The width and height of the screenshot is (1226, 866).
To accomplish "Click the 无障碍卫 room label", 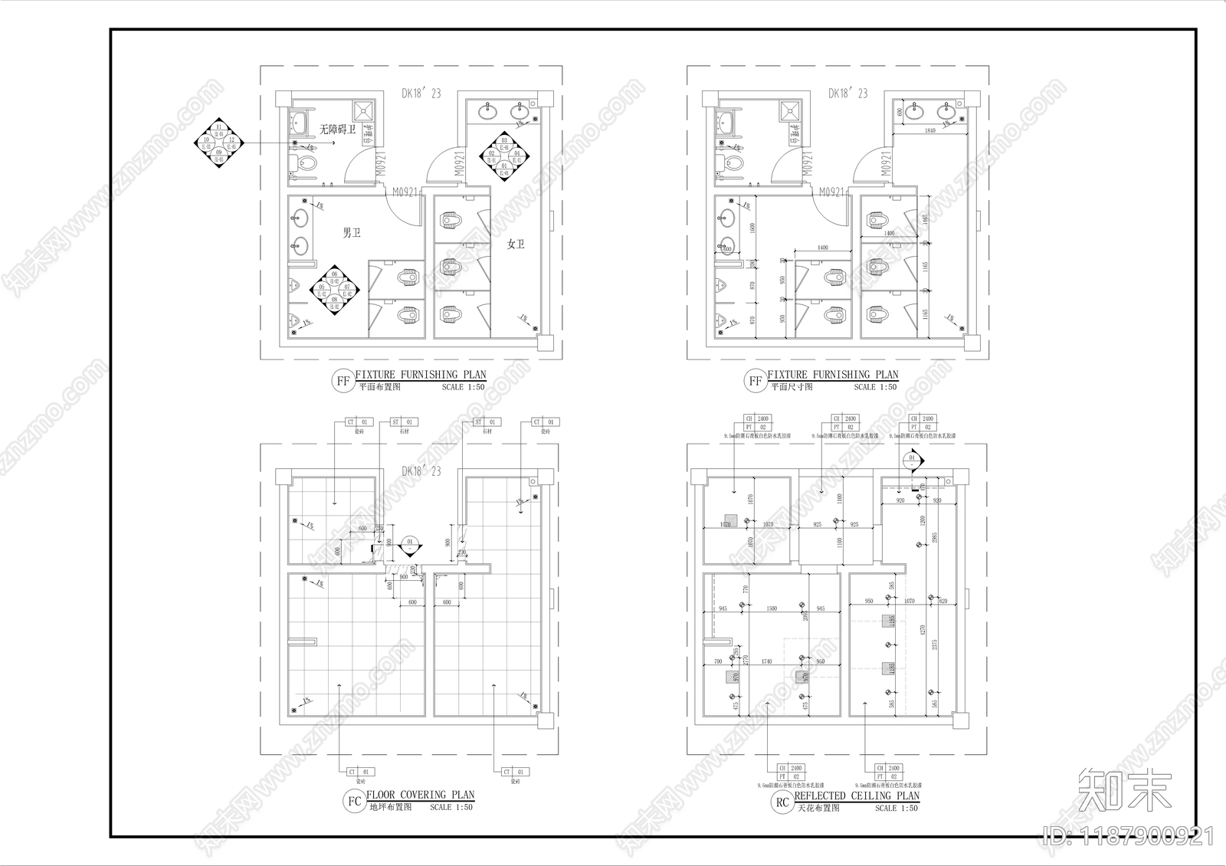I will click(337, 130).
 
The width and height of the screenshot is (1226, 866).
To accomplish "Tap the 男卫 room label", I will click(352, 232).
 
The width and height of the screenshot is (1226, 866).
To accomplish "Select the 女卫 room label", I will click(516, 244).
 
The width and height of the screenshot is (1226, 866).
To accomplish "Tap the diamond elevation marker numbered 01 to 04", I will click(504, 156).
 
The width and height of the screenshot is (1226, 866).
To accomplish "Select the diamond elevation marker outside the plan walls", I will click(219, 140).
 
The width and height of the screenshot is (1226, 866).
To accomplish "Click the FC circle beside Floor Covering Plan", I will click(354, 802).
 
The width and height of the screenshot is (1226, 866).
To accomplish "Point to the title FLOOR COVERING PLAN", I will click(421, 795).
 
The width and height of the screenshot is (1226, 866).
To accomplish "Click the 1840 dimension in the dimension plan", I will click(930, 131).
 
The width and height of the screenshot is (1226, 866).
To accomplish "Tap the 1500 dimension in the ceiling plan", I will click(772, 608).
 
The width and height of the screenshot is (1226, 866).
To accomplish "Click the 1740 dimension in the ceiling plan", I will click(766, 661).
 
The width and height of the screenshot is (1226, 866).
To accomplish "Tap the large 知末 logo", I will click(1125, 789).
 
